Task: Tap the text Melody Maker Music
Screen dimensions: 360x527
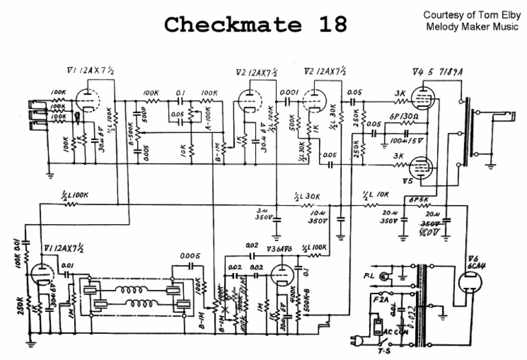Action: pyautogui.click(x=467, y=27)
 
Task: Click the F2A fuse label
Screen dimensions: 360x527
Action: pyautogui.click(x=376, y=300)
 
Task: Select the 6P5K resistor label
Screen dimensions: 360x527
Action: pyautogui.click(x=419, y=200)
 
